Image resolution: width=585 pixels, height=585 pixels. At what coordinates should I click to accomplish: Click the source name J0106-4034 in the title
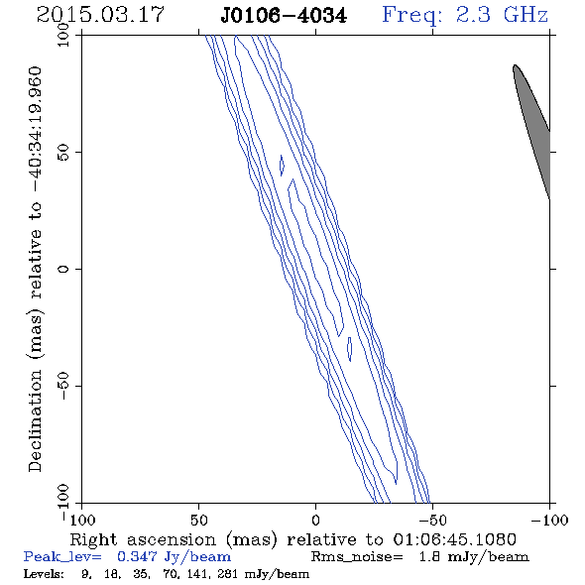click(284, 16)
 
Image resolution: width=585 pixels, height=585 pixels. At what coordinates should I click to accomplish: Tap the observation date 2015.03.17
click(100, 15)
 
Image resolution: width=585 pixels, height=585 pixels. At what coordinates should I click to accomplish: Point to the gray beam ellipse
click(531, 131)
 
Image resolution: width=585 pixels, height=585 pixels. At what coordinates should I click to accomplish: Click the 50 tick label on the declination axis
click(63, 153)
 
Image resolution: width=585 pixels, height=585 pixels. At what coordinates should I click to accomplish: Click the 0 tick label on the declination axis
click(63, 269)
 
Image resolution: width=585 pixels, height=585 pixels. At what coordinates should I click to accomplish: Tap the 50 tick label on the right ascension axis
click(199, 521)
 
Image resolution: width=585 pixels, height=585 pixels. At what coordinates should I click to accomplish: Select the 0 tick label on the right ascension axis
click(315, 521)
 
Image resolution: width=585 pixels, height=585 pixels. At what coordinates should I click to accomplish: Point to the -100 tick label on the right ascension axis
click(549, 521)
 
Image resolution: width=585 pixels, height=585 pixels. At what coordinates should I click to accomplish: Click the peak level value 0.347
click(137, 556)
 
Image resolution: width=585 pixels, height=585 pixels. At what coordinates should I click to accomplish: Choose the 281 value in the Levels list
click(228, 573)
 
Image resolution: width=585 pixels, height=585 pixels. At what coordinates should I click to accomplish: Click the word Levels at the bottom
click(44, 573)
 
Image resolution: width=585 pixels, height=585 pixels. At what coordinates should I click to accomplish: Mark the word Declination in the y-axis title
click(35, 420)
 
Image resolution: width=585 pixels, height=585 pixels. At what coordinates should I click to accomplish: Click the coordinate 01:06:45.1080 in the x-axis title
click(454, 539)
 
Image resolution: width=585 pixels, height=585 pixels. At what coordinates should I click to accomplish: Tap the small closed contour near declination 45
click(282, 166)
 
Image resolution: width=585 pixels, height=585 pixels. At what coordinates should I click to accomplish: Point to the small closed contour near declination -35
click(350, 349)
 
